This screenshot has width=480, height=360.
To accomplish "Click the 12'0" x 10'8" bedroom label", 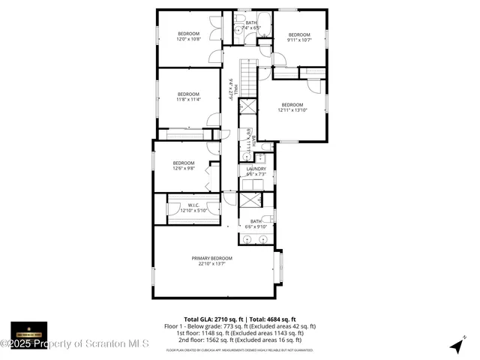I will click(x=188, y=37).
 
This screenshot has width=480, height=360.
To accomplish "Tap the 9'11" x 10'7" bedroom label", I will click(x=299, y=37).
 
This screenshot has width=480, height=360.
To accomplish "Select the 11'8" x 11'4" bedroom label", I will click(x=187, y=97).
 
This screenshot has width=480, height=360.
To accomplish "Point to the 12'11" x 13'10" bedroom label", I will click(x=292, y=107).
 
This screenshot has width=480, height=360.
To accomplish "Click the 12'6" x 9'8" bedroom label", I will click(x=184, y=166).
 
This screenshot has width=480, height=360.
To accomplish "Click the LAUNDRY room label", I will click(x=256, y=172).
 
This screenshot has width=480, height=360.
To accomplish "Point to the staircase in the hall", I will click(x=247, y=78).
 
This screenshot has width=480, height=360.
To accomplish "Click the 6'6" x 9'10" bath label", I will click(x=256, y=223).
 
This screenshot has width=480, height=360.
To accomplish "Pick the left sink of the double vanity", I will click(x=248, y=239).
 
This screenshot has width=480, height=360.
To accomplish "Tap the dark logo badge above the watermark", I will click(x=28, y=330).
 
